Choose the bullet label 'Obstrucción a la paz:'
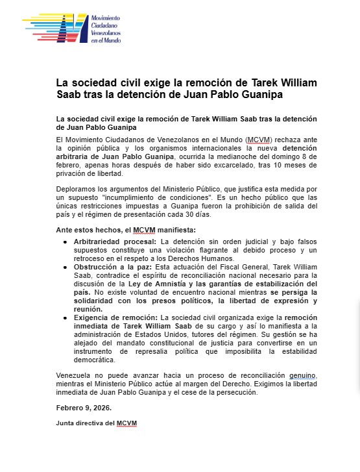coord(104,267)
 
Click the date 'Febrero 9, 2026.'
coord(84,408)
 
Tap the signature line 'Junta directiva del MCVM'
coord(97,423)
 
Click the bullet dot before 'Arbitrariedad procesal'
coord(65,242)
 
